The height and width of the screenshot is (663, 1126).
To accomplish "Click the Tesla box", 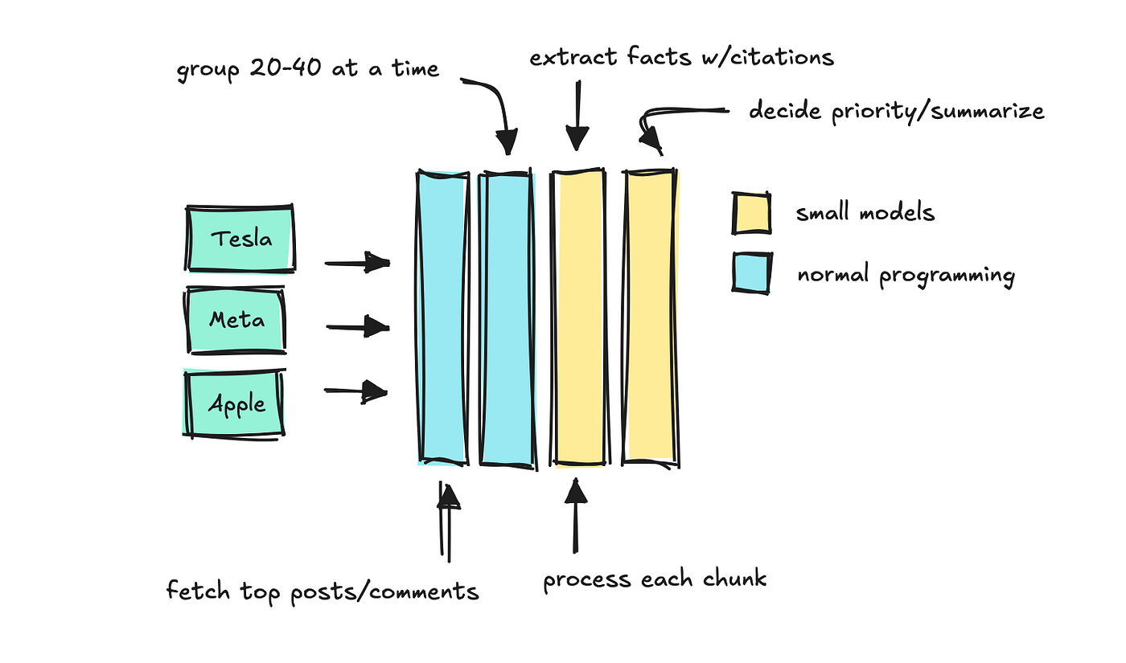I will (240, 239).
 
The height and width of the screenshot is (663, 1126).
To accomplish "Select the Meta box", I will (236, 320).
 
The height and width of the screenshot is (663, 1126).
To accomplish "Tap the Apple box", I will (236, 403).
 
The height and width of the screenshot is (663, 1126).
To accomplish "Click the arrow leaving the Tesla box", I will (357, 262).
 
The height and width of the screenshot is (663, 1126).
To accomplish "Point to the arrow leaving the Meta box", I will (358, 326).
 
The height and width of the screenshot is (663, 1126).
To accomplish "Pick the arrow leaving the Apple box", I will (356, 391).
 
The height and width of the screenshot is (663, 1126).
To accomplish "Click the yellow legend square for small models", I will (751, 212).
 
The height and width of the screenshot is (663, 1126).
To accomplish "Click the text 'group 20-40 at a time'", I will (308, 68).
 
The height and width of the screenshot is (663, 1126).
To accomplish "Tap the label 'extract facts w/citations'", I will (681, 57).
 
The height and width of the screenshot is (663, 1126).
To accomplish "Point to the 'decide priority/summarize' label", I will (896, 110).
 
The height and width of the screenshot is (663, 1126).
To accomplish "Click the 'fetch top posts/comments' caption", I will (323, 591).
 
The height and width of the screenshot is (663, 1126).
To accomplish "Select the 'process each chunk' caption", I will (655, 579).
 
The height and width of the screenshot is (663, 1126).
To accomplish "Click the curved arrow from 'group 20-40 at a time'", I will (495, 108).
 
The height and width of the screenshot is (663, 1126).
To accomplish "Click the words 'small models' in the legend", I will (865, 213).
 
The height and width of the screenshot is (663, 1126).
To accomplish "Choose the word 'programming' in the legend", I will (946, 276).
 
